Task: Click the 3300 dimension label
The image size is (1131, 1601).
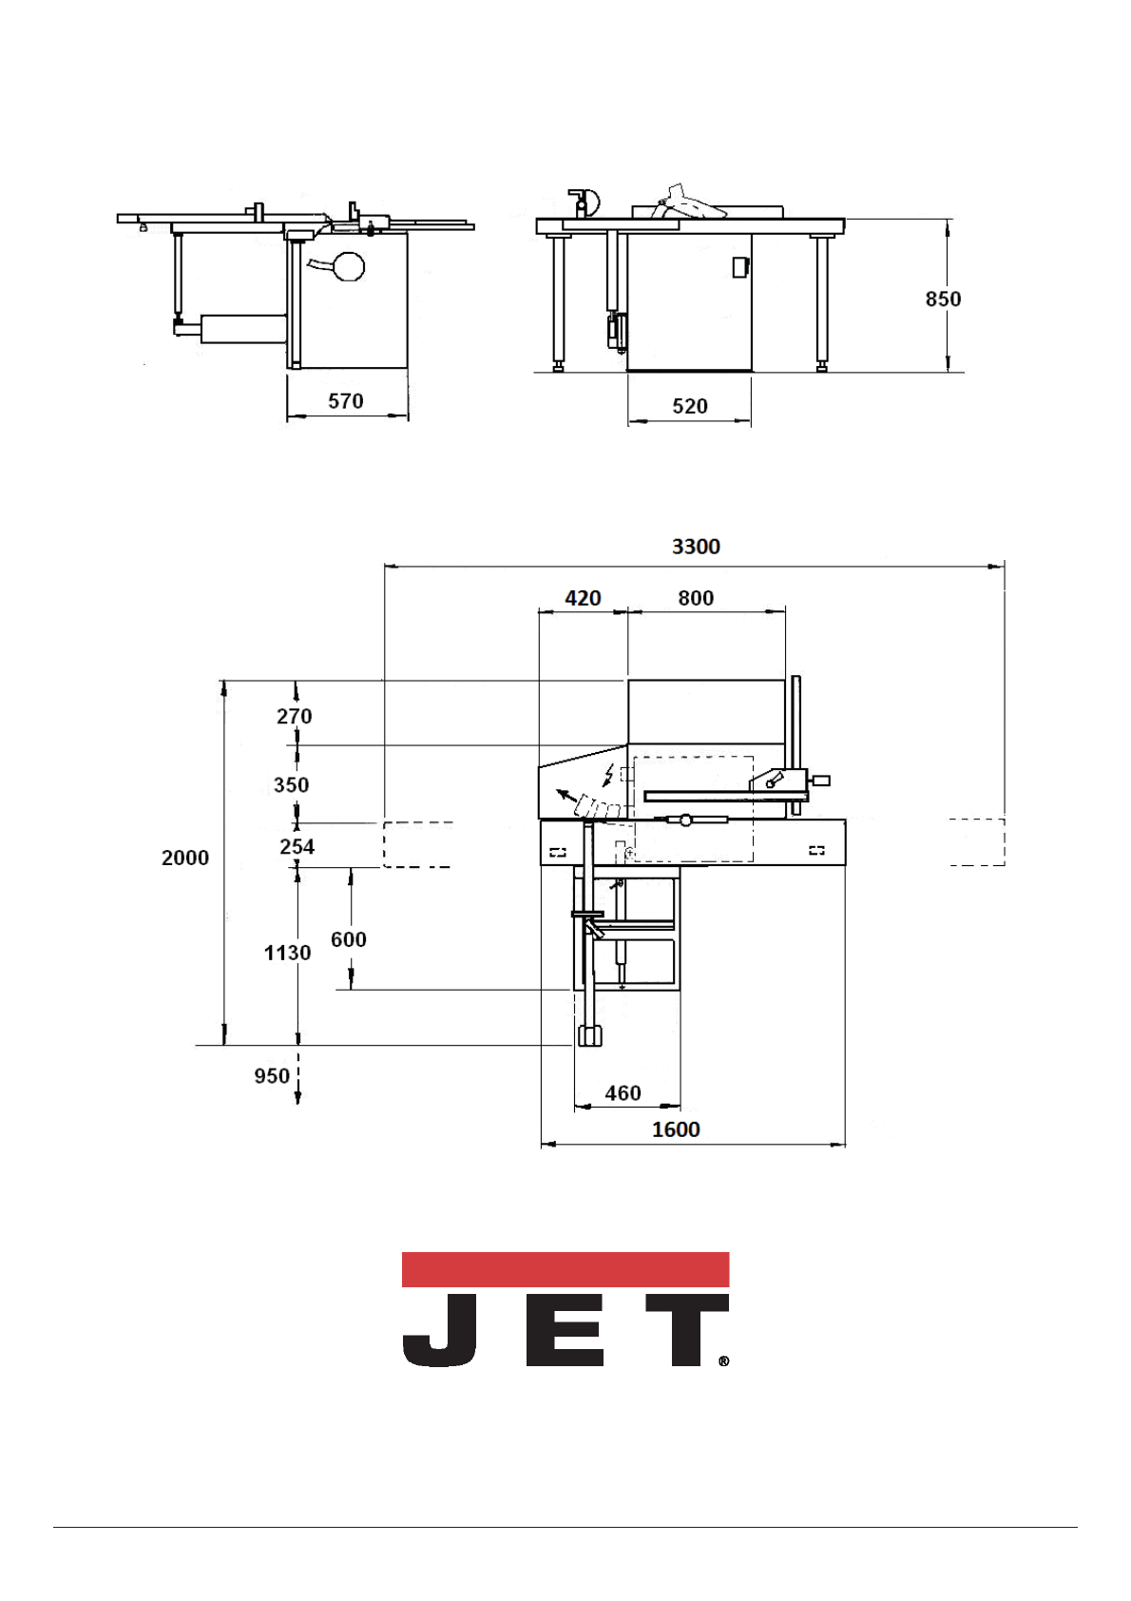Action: click(x=695, y=547)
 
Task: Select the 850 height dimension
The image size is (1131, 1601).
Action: click(x=943, y=299)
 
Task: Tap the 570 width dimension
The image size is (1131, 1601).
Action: click(x=346, y=401)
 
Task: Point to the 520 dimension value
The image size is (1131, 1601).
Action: click(x=689, y=406)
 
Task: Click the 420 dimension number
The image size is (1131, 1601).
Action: click(x=583, y=598)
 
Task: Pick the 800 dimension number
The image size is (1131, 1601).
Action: click(x=696, y=598)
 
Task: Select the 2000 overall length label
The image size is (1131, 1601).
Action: click(x=185, y=858)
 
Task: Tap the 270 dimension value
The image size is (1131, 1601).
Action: click(x=295, y=716)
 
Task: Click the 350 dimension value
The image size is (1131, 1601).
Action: click(x=292, y=784)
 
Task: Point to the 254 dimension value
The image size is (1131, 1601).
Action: click(x=297, y=846)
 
